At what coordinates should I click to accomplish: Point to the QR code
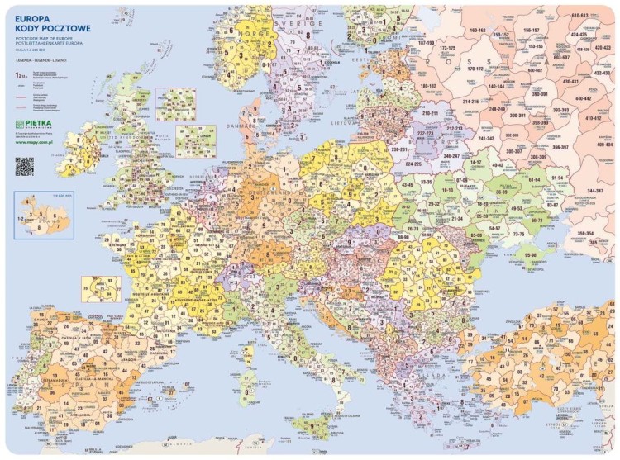pyautogui.click(x=24, y=165)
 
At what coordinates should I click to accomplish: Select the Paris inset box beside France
pyautogui.click(x=101, y=288)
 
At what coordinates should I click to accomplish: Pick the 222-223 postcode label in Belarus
pyautogui.click(x=426, y=133)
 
